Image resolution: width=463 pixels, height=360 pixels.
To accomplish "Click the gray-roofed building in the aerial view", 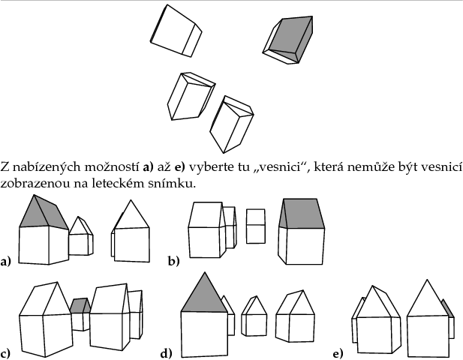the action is pos(288,40).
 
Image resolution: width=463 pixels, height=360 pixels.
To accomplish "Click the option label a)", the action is pos(5,262).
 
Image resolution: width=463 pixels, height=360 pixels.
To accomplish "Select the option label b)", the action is pos(174,262).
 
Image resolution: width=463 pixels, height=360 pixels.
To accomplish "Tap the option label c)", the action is pos(5,353).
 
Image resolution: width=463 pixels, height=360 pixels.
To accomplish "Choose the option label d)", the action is pos(167,353).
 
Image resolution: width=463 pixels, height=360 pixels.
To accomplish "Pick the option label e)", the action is pos(338,353).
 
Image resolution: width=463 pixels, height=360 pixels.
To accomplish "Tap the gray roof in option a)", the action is pos(44,214).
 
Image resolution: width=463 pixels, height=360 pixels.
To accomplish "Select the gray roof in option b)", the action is pos(302,213).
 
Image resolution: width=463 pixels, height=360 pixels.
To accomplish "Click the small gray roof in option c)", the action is pos(80,306).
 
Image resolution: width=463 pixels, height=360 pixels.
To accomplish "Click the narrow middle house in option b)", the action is pos(256,226).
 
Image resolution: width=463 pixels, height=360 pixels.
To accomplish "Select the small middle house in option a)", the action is pos(81,236).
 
